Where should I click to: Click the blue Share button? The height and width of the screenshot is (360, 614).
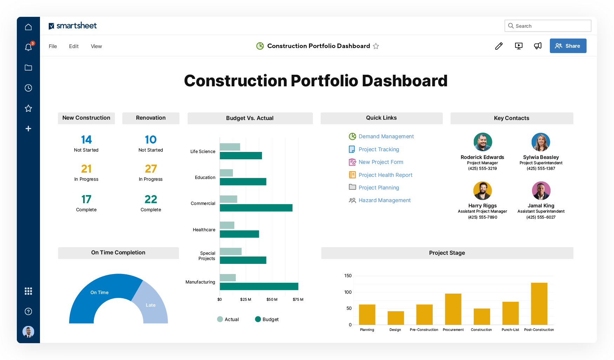(568, 46)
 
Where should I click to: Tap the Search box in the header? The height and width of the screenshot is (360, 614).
(548, 26)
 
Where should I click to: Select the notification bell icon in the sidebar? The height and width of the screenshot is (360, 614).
(28, 47)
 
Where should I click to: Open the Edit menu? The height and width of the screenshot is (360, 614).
(74, 46)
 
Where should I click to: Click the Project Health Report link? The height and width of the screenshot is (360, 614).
(385, 175)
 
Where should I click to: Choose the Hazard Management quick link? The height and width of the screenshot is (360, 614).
(384, 200)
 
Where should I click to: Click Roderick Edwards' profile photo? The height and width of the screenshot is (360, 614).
(483, 142)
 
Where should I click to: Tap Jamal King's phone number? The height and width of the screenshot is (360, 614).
(541, 218)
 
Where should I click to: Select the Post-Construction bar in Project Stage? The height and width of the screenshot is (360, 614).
(539, 304)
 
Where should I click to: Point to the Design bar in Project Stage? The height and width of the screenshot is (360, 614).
(396, 318)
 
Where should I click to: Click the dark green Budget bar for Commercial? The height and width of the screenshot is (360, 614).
(256, 208)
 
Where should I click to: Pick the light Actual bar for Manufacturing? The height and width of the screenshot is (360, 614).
(228, 278)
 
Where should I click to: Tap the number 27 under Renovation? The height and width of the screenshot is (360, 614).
(151, 169)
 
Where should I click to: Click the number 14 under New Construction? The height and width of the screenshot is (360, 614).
(86, 140)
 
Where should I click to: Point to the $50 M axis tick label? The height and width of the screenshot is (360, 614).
(272, 300)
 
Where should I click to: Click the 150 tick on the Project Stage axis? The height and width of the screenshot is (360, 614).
(348, 276)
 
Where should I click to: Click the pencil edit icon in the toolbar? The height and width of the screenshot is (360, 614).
(499, 46)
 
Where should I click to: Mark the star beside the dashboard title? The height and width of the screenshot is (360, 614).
(376, 46)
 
